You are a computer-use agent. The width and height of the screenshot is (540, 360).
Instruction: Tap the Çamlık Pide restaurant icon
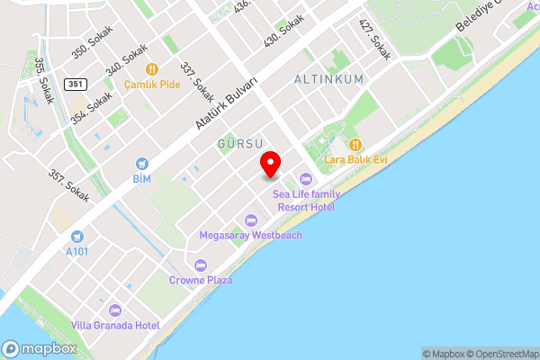click(x=152, y=68)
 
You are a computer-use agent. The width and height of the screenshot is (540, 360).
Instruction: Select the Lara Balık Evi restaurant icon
click(x=355, y=144)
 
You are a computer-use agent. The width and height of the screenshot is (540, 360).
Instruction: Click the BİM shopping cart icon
click(x=141, y=164)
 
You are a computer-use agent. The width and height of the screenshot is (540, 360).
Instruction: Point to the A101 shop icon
click(x=78, y=236)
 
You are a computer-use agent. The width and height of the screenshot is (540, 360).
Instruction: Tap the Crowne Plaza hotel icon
click(x=201, y=265)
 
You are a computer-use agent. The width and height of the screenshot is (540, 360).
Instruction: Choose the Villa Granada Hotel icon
click(x=114, y=310)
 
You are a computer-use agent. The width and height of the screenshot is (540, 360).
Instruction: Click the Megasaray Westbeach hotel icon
click(x=251, y=220)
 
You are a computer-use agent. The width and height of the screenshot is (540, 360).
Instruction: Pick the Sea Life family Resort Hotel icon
click(x=306, y=178)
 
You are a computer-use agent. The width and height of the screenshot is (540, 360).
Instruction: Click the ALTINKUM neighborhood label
click(x=328, y=79)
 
